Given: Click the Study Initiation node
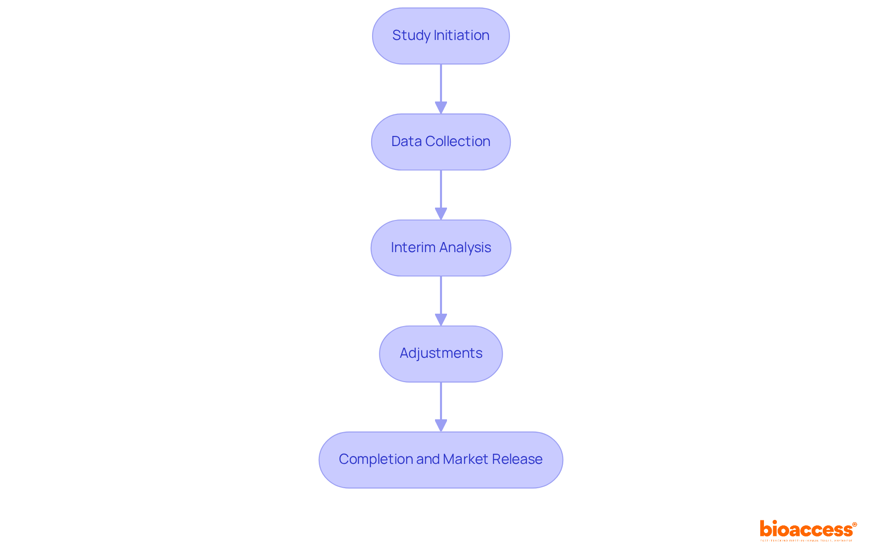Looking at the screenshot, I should coord(441,36).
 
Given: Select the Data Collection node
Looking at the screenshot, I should coord(441,142).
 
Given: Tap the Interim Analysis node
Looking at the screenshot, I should coord(441,248).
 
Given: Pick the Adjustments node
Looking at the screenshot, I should coord(441,354).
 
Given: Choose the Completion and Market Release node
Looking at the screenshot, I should coord(441,460).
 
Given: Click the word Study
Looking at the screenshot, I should coord(411,36).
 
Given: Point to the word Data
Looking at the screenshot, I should coord(406,141).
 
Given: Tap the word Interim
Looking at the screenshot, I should coord(413,248).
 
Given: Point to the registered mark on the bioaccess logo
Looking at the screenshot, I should coord(854,524).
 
